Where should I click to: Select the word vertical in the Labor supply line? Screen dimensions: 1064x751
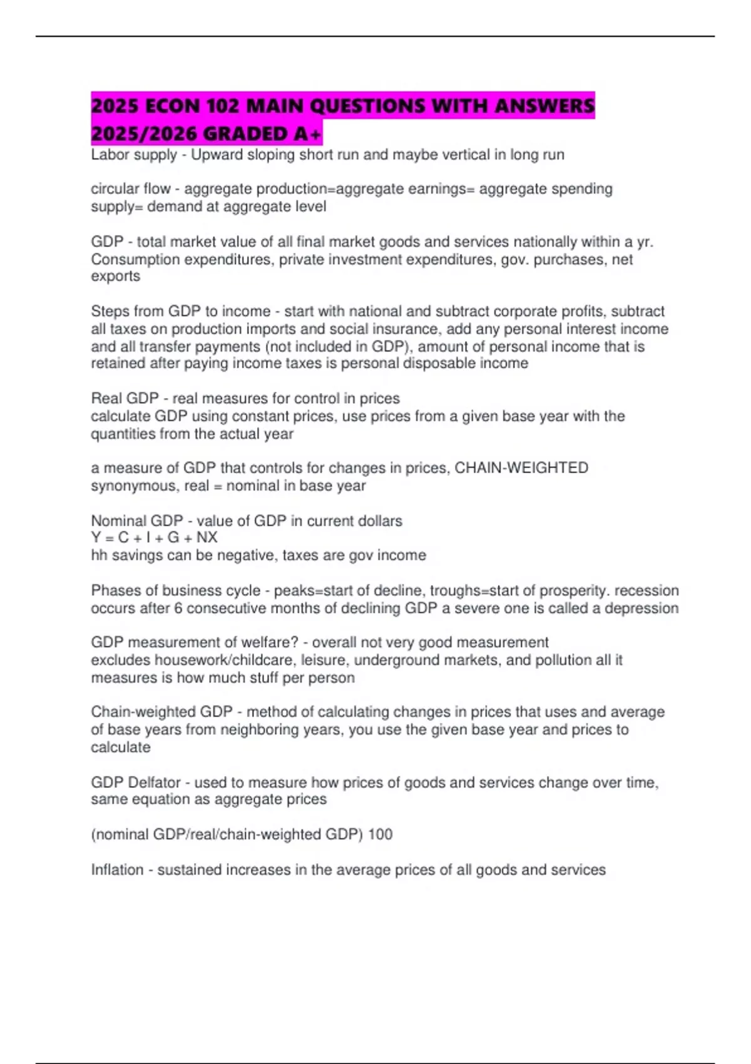tap(466, 155)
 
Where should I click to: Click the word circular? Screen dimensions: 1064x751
tap(114, 189)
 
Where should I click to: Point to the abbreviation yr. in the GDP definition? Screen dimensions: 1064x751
tap(645, 242)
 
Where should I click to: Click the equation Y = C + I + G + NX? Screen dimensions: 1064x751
tap(154, 538)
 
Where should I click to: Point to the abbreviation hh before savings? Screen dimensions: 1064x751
tap(99, 555)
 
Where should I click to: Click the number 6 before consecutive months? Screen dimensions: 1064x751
tap(178, 608)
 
